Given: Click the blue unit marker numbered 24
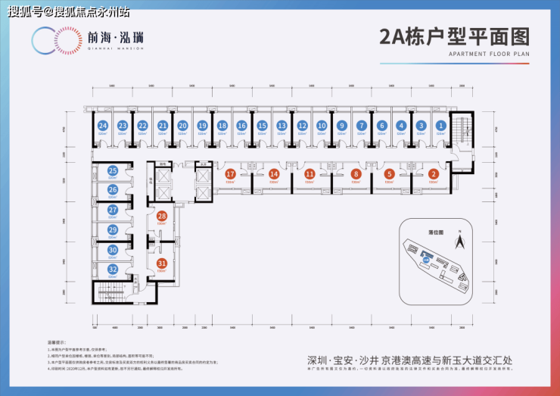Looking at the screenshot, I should click(x=102, y=126).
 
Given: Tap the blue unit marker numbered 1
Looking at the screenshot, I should click(x=441, y=126).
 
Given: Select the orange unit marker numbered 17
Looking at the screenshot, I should click(x=230, y=174).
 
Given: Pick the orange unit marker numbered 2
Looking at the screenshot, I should click(x=433, y=174).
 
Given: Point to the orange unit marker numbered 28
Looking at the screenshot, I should click(x=161, y=217).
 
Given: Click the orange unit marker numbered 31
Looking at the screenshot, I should click(x=161, y=263).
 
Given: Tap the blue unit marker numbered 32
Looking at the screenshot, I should click(x=113, y=269).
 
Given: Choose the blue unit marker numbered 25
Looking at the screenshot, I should click(x=113, y=171).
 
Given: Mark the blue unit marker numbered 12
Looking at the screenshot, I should click(x=301, y=126).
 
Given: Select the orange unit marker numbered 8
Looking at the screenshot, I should click(x=356, y=174).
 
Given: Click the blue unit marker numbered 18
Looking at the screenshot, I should click(x=222, y=126).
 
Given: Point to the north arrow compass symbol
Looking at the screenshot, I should click(x=458, y=243).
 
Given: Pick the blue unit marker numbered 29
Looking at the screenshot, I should click(x=113, y=229).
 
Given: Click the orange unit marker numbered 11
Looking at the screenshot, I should click(x=310, y=174).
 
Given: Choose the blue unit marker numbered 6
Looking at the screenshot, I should click(x=381, y=126).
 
